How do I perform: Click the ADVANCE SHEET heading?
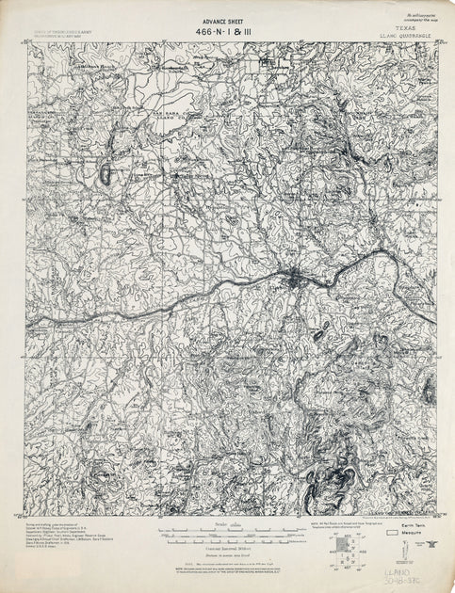(x=227, y=18)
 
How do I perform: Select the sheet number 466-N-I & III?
(x=227, y=30)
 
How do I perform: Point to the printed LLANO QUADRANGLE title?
(x=406, y=37)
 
